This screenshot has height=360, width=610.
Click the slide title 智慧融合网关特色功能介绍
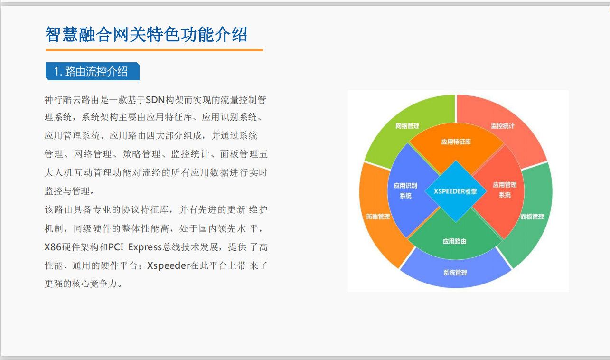click(x=146, y=35)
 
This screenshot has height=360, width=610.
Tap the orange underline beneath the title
click(x=154, y=50)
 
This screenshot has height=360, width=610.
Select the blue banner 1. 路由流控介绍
click(x=93, y=71)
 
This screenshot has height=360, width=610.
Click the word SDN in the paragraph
click(x=155, y=100)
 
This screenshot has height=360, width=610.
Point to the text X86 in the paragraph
click(x=53, y=247)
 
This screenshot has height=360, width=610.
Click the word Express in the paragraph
click(x=145, y=247)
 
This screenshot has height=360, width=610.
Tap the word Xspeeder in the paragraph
click(x=169, y=265)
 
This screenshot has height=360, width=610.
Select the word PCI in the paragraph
click(x=116, y=247)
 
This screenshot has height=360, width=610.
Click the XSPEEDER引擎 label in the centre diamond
click(x=455, y=191)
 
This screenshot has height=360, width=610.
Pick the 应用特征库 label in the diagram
click(x=456, y=142)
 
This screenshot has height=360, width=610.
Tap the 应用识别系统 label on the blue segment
click(x=405, y=190)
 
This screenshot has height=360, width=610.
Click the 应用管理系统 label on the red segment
click(x=505, y=189)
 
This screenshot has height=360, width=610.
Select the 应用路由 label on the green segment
click(x=454, y=241)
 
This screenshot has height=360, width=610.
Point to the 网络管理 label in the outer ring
click(x=407, y=126)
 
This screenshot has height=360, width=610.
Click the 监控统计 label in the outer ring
click(x=502, y=126)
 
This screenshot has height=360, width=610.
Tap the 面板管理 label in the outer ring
click(x=532, y=217)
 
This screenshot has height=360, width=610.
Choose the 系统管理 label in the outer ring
click(x=455, y=273)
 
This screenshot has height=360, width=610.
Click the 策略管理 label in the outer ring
click(x=378, y=217)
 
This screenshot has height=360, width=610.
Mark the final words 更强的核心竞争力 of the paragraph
click(x=81, y=284)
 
